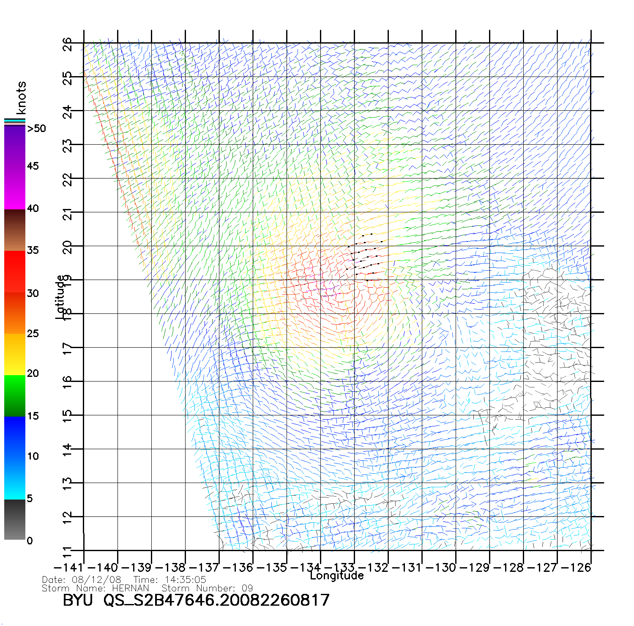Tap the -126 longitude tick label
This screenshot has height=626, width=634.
click(576, 568)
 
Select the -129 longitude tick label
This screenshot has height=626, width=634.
click(475, 568)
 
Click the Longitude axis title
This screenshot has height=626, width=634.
click(337, 576)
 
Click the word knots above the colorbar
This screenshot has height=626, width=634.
click(21, 98)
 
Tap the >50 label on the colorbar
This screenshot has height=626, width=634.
click(36, 129)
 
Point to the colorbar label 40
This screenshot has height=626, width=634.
click(33, 208)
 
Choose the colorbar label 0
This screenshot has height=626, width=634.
click(29, 541)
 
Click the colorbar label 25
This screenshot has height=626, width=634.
click(33, 334)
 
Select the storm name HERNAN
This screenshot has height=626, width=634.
click(131, 588)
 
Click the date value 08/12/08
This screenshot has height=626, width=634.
click(97, 580)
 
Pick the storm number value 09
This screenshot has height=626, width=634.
click(247, 588)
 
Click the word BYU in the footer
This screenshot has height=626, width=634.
click(78, 600)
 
